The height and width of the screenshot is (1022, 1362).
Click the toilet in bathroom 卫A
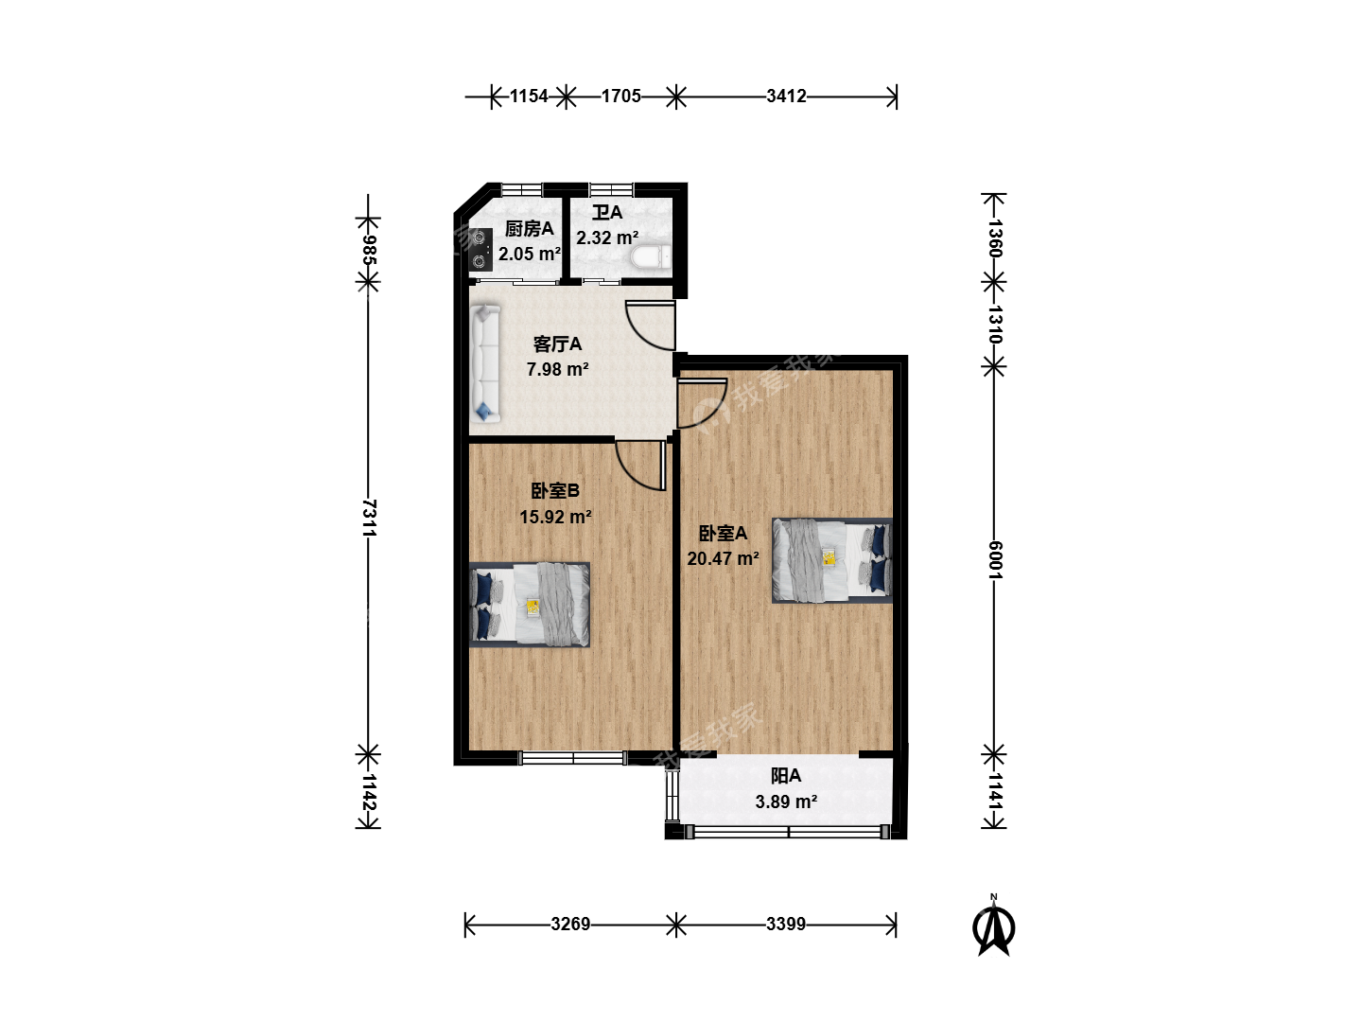coord(651,256)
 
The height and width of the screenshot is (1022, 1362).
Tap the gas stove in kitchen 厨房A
coord(480,250)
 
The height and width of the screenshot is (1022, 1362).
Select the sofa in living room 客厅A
coord(485,363)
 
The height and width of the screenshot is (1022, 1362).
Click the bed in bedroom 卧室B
coord(530,605)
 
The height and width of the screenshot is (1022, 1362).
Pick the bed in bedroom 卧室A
coord(832,560)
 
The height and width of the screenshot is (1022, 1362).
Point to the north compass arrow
coord(993,930)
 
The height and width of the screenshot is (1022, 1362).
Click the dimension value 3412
coord(786,97)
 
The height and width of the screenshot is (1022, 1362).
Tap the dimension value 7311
coord(369,518)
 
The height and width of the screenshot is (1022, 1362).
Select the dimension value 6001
coord(995,559)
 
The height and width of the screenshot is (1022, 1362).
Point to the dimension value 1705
coord(620,97)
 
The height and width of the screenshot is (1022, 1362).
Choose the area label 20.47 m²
coord(723,558)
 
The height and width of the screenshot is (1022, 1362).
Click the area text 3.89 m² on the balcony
coord(786,802)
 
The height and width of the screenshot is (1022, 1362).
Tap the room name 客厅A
coord(557,344)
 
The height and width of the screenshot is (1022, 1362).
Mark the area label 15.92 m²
coord(555,517)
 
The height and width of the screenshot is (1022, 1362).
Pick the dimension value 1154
coord(529,97)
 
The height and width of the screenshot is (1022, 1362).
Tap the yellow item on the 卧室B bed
coord(533,607)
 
